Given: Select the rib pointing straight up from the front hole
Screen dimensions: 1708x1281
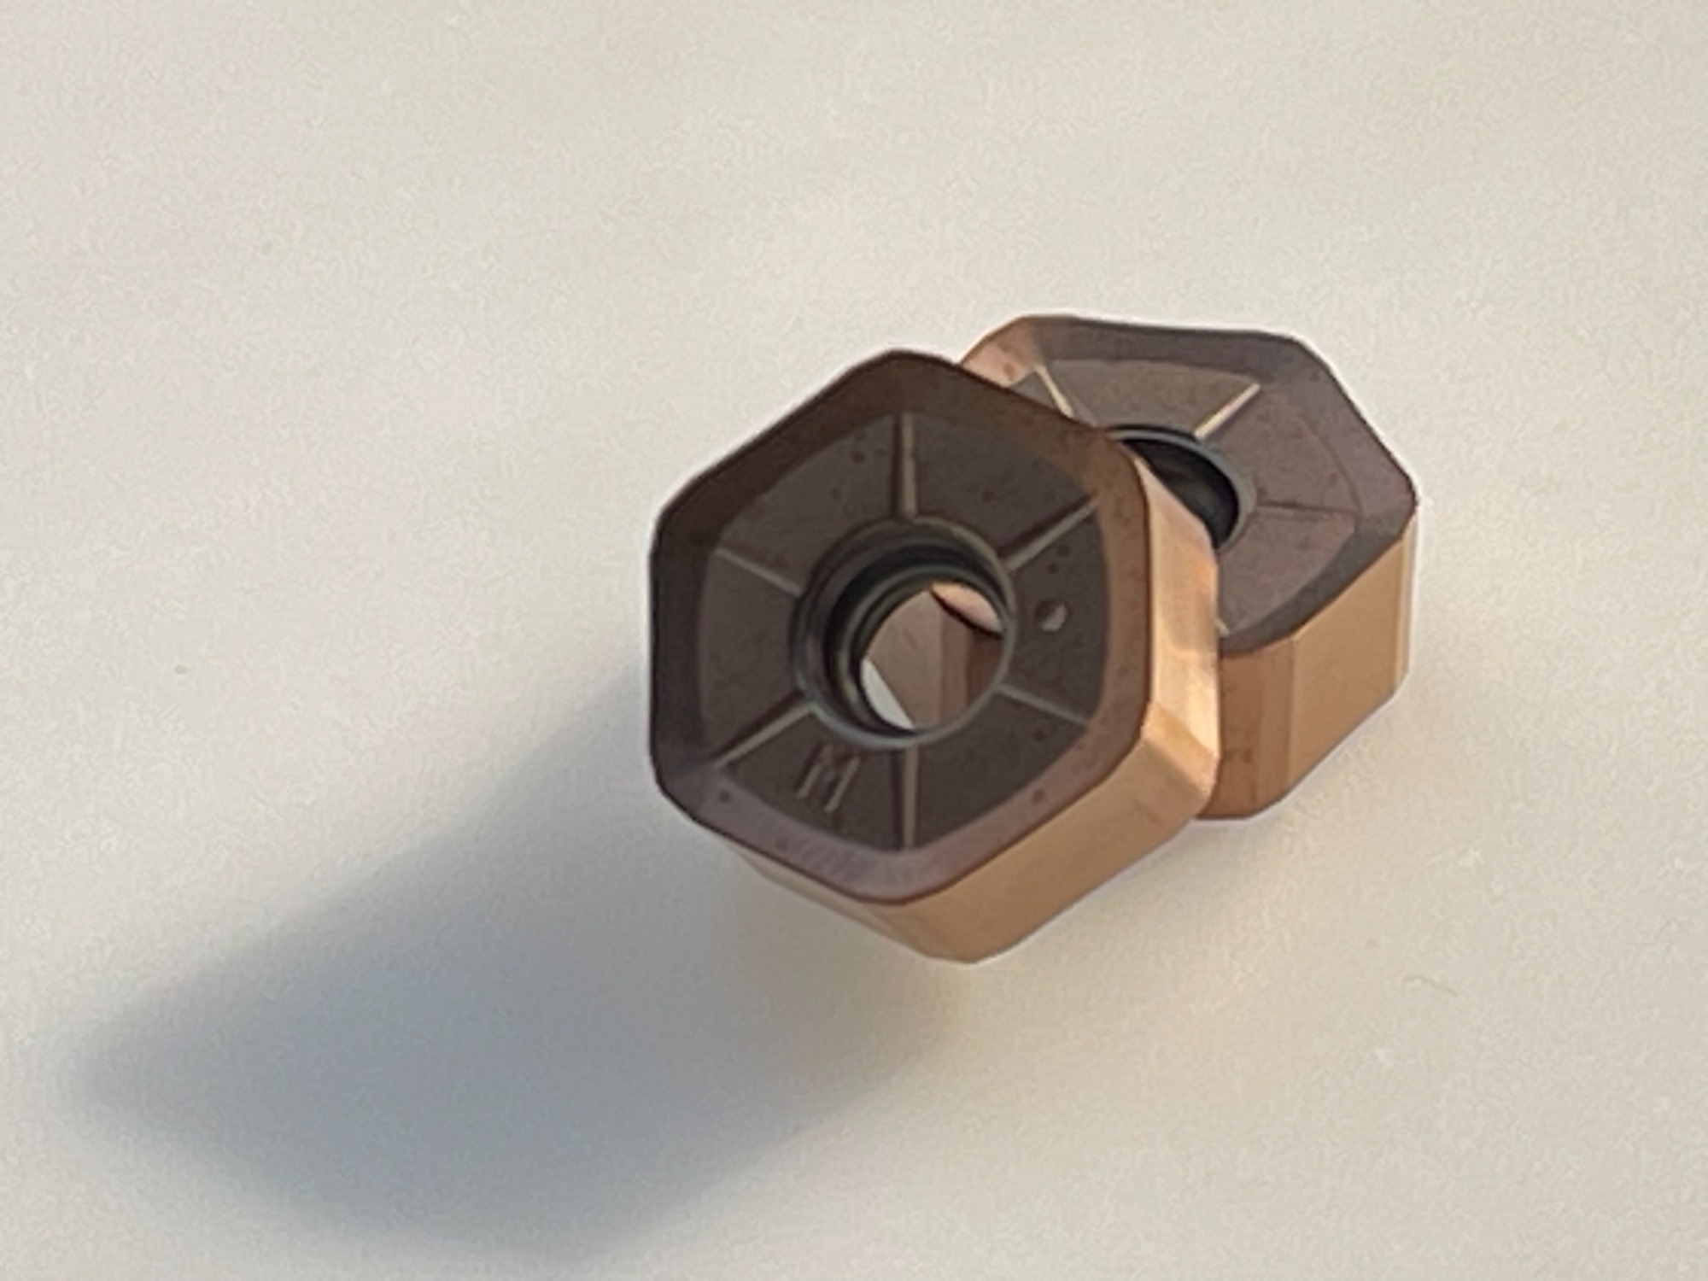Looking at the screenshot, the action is [x=907, y=491].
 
